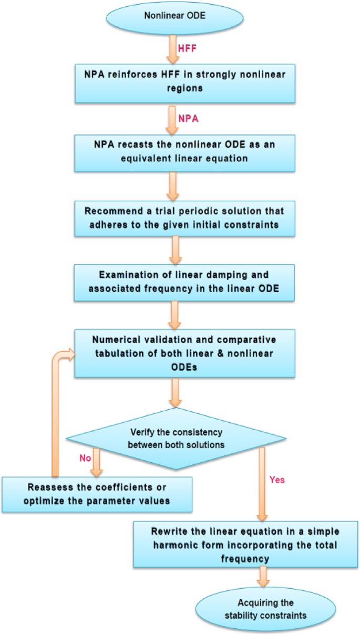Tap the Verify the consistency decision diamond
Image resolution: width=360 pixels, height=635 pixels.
point(176,438)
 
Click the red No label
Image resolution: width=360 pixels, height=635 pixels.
point(85,458)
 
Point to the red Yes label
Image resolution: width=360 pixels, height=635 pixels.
point(276,480)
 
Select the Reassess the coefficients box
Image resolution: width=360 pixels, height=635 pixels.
point(96,494)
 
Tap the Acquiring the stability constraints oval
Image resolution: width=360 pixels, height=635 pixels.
point(259,609)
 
